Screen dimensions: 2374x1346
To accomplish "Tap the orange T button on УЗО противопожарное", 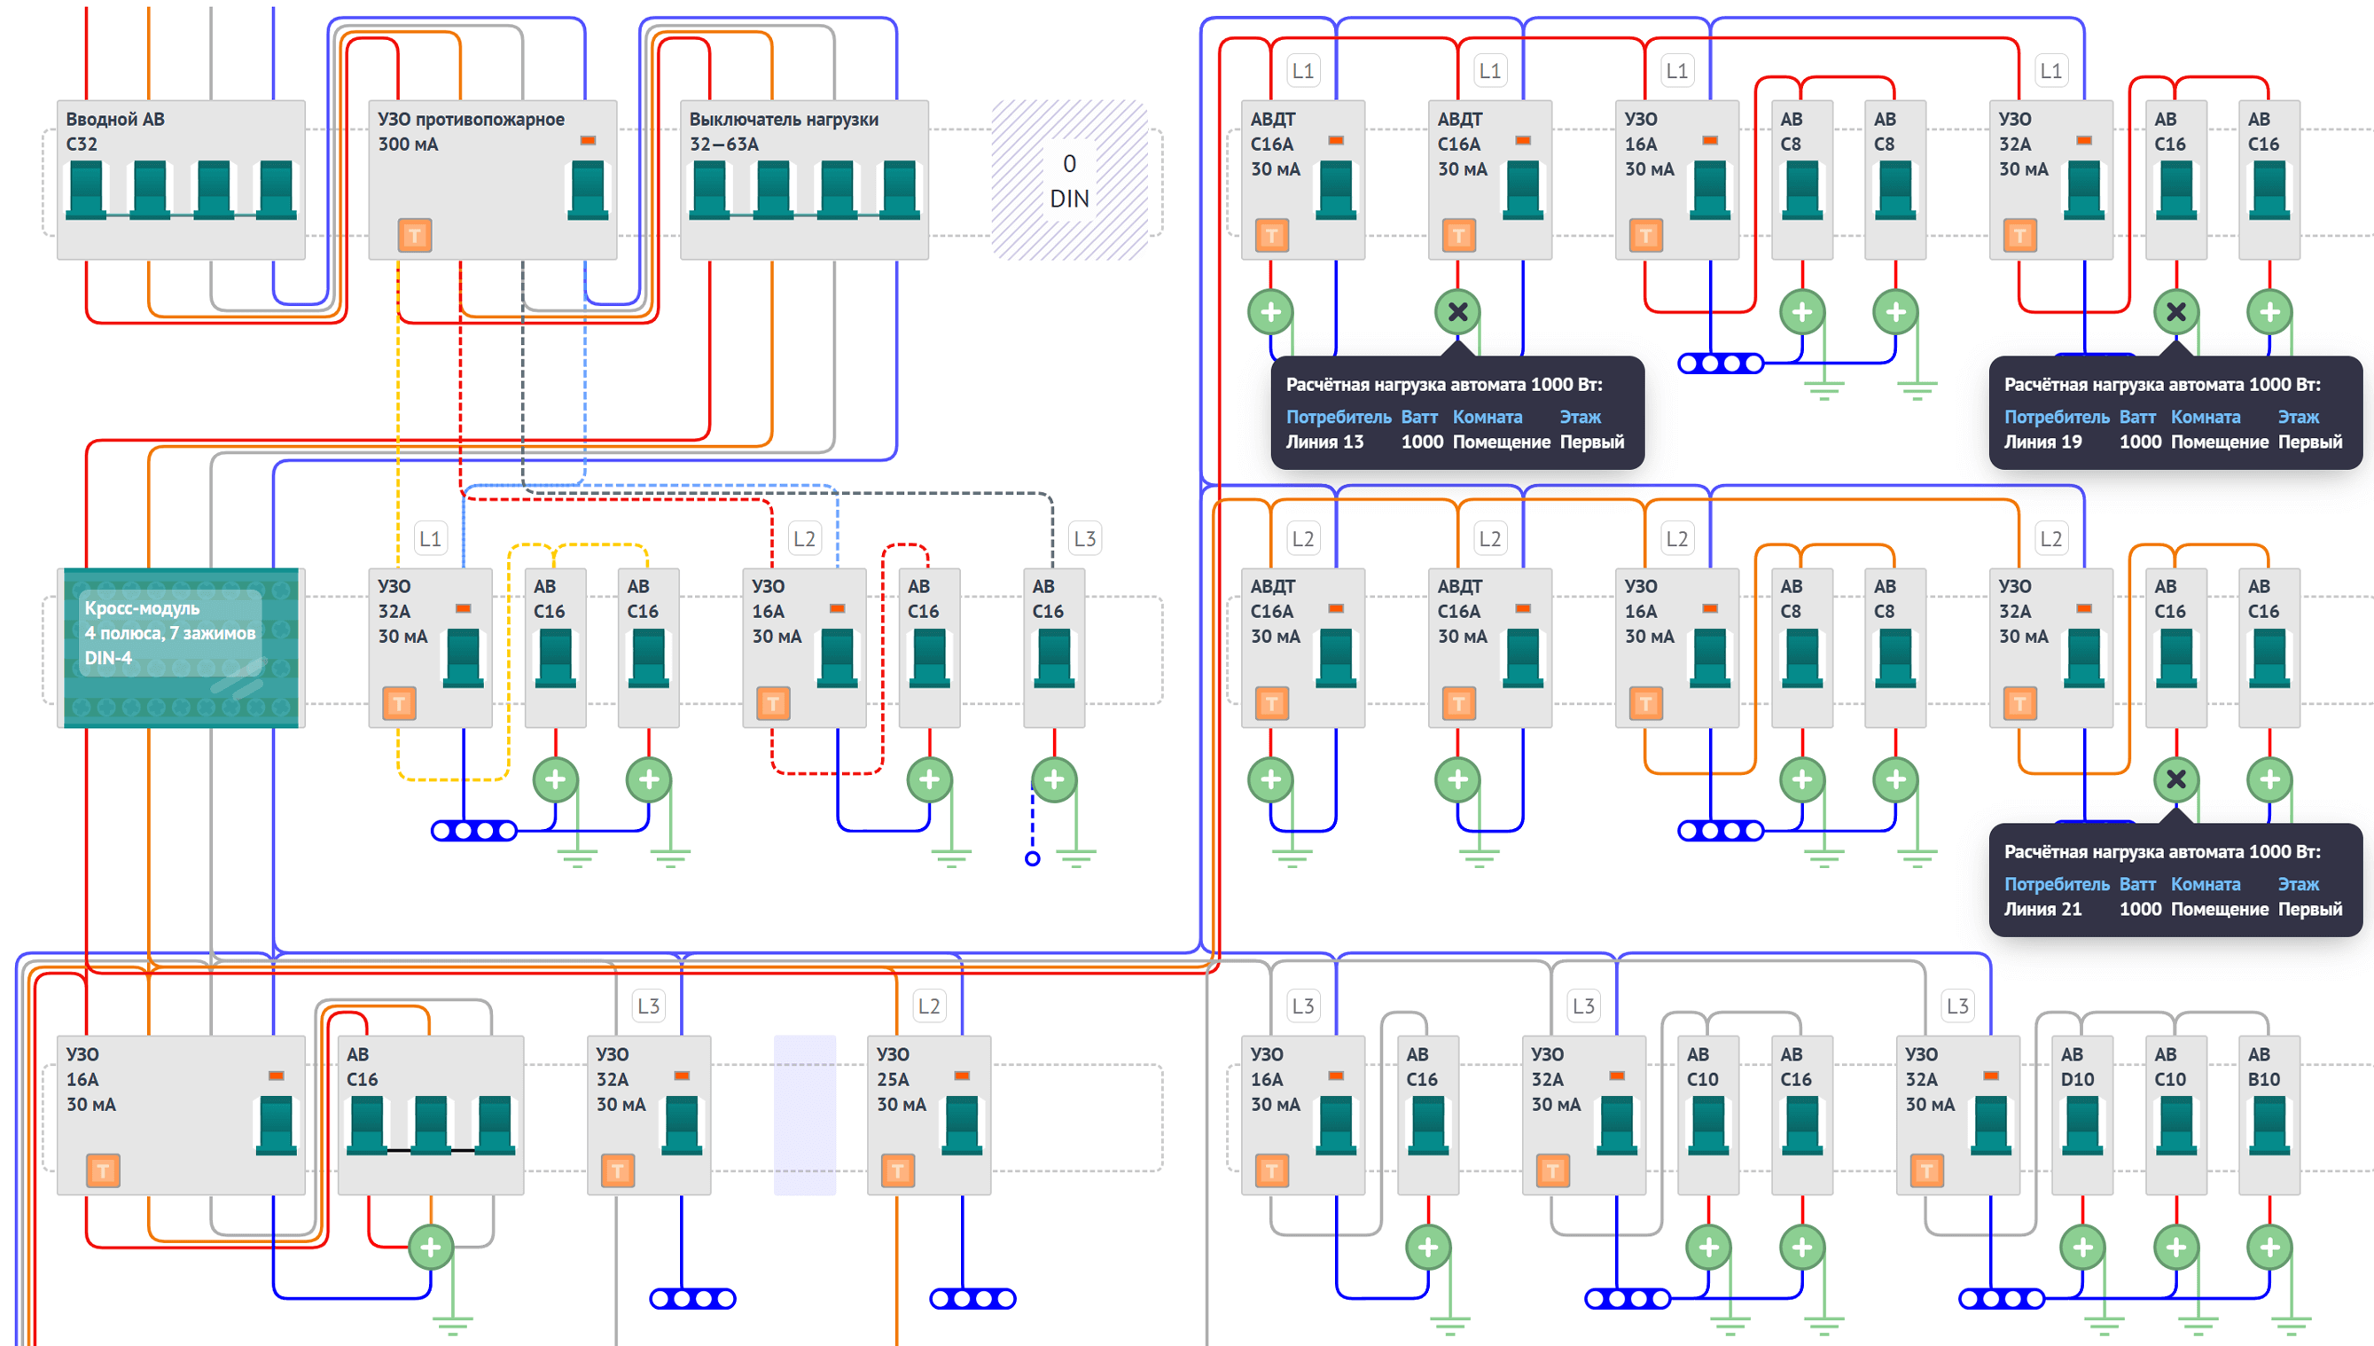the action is coord(414,235).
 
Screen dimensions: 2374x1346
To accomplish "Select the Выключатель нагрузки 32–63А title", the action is coord(784,131).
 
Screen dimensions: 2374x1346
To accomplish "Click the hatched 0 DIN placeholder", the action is coord(1069,180).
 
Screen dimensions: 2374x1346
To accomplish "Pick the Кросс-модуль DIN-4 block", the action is coord(181,647).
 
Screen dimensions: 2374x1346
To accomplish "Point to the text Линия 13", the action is coord(1324,442).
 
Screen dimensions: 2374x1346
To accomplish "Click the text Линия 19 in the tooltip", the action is coord(2042,442).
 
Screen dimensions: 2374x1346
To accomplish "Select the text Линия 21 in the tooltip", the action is coord(2042,909).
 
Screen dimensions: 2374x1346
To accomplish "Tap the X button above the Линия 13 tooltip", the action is coord(1457,312).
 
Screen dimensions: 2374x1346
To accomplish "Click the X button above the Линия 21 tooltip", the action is coord(2176,779).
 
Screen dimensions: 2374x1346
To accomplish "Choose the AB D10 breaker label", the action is coord(2076,1067).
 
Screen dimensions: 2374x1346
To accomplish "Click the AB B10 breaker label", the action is coord(2263,1067).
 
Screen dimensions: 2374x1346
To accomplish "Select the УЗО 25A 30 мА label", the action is coord(901,1079).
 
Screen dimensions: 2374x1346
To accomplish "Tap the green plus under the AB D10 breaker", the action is coord(2083,1247).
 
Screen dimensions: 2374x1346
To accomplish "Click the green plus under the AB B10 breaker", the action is coord(2269,1247).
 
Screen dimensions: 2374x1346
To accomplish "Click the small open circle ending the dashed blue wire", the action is coord(1032,859).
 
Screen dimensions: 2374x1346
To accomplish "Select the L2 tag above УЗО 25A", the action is coord(929,1006).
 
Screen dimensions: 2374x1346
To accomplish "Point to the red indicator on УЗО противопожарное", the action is coord(588,140).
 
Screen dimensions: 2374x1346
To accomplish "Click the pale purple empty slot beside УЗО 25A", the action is coord(805,1115).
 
